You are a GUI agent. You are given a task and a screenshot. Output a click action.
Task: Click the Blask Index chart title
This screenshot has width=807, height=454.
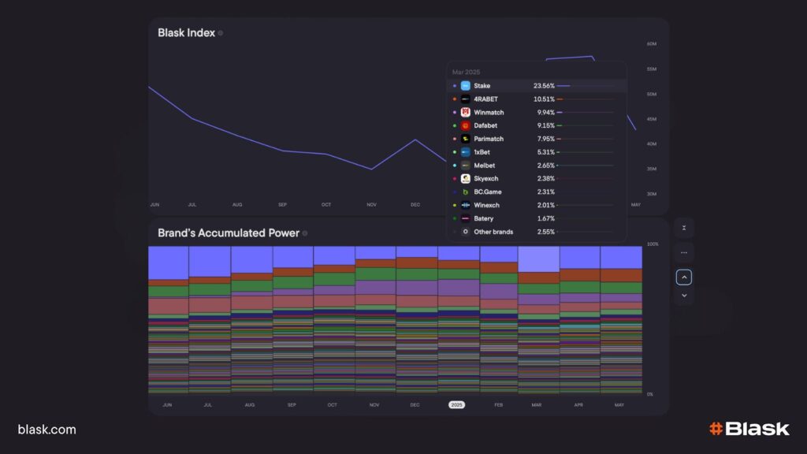tap(186, 33)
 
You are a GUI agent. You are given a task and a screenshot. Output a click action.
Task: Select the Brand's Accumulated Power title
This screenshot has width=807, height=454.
tap(229, 233)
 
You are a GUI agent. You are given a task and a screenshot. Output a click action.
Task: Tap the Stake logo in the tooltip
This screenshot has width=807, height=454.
tap(466, 86)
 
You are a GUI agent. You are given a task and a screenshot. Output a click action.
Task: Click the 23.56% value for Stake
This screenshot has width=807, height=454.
tap(544, 86)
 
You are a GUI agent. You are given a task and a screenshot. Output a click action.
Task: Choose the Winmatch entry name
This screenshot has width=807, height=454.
tap(489, 113)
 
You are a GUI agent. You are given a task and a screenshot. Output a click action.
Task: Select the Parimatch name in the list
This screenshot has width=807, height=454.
tap(489, 140)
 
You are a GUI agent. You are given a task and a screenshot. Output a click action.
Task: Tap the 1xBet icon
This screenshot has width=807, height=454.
tap(466, 152)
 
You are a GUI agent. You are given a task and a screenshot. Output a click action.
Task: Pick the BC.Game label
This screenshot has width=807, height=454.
tap(488, 192)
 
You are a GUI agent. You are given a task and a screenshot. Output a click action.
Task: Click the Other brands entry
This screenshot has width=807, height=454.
tap(493, 232)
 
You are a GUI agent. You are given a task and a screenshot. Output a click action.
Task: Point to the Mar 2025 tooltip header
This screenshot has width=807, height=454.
tap(465, 72)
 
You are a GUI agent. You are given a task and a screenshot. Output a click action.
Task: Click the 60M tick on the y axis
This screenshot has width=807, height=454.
tap(652, 44)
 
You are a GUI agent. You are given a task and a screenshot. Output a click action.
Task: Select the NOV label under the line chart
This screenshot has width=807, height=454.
tap(372, 205)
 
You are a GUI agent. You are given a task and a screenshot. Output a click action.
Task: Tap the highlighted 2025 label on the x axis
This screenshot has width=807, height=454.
tap(457, 405)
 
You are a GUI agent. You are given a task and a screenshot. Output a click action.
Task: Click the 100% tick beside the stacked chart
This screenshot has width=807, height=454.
tap(653, 244)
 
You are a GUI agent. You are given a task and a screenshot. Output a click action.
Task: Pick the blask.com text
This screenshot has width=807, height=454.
tap(47, 430)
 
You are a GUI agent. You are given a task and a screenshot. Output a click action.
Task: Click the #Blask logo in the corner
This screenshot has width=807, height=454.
tap(749, 429)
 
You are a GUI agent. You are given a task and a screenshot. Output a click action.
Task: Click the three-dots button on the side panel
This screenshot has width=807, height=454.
tap(684, 253)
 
